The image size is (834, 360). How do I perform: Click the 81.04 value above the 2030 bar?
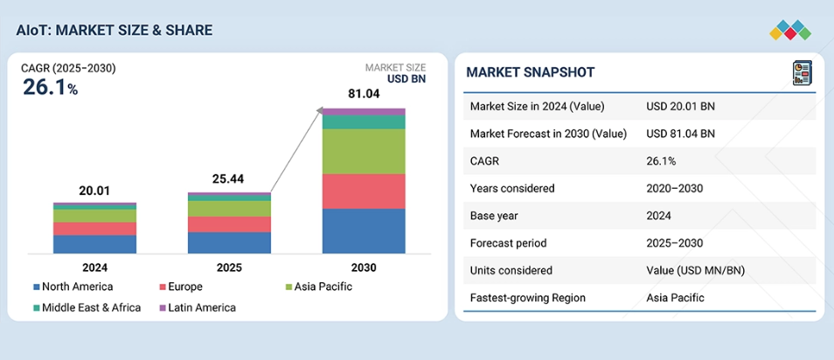(x=364, y=93)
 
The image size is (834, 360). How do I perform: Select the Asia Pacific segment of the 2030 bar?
(x=364, y=151)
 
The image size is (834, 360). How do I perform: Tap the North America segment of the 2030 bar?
(x=364, y=231)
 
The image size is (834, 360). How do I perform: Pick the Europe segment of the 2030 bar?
(x=364, y=190)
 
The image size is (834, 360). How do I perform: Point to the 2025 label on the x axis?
(x=229, y=267)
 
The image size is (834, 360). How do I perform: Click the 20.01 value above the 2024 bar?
(x=94, y=190)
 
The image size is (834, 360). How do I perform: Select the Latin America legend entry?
(x=197, y=308)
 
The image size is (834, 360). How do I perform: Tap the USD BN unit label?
(x=406, y=79)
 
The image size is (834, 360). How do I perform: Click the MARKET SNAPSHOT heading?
(x=531, y=72)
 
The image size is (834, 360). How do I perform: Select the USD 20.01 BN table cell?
(x=680, y=107)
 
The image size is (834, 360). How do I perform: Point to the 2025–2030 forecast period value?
(x=674, y=243)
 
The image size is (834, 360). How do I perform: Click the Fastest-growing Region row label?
(x=527, y=297)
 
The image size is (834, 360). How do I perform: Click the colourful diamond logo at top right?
(x=790, y=31)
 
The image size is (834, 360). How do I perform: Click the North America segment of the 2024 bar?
(x=94, y=244)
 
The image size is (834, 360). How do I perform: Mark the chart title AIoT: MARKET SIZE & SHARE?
(x=114, y=31)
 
